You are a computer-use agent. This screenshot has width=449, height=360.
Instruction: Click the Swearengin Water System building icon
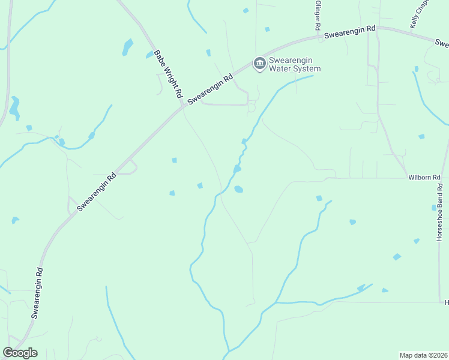(x=259, y=64)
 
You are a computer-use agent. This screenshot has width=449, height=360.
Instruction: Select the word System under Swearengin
(x=307, y=69)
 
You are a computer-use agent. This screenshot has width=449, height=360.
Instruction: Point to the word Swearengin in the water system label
(x=294, y=61)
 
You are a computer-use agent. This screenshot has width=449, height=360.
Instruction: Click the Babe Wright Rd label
(x=168, y=74)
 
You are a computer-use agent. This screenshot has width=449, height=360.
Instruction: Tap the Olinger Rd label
(x=318, y=16)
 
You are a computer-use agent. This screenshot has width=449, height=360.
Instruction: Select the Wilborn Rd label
(x=424, y=178)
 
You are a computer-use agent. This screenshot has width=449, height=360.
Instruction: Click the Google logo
(x=20, y=353)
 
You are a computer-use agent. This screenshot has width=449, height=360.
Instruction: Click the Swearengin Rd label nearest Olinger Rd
(x=350, y=32)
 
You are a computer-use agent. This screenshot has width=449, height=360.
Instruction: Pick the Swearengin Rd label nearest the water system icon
(x=210, y=90)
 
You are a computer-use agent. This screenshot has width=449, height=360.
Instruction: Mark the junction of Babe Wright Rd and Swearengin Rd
(x=183, y=107)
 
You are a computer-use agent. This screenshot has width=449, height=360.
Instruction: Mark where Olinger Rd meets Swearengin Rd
(x=318, y=37)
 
